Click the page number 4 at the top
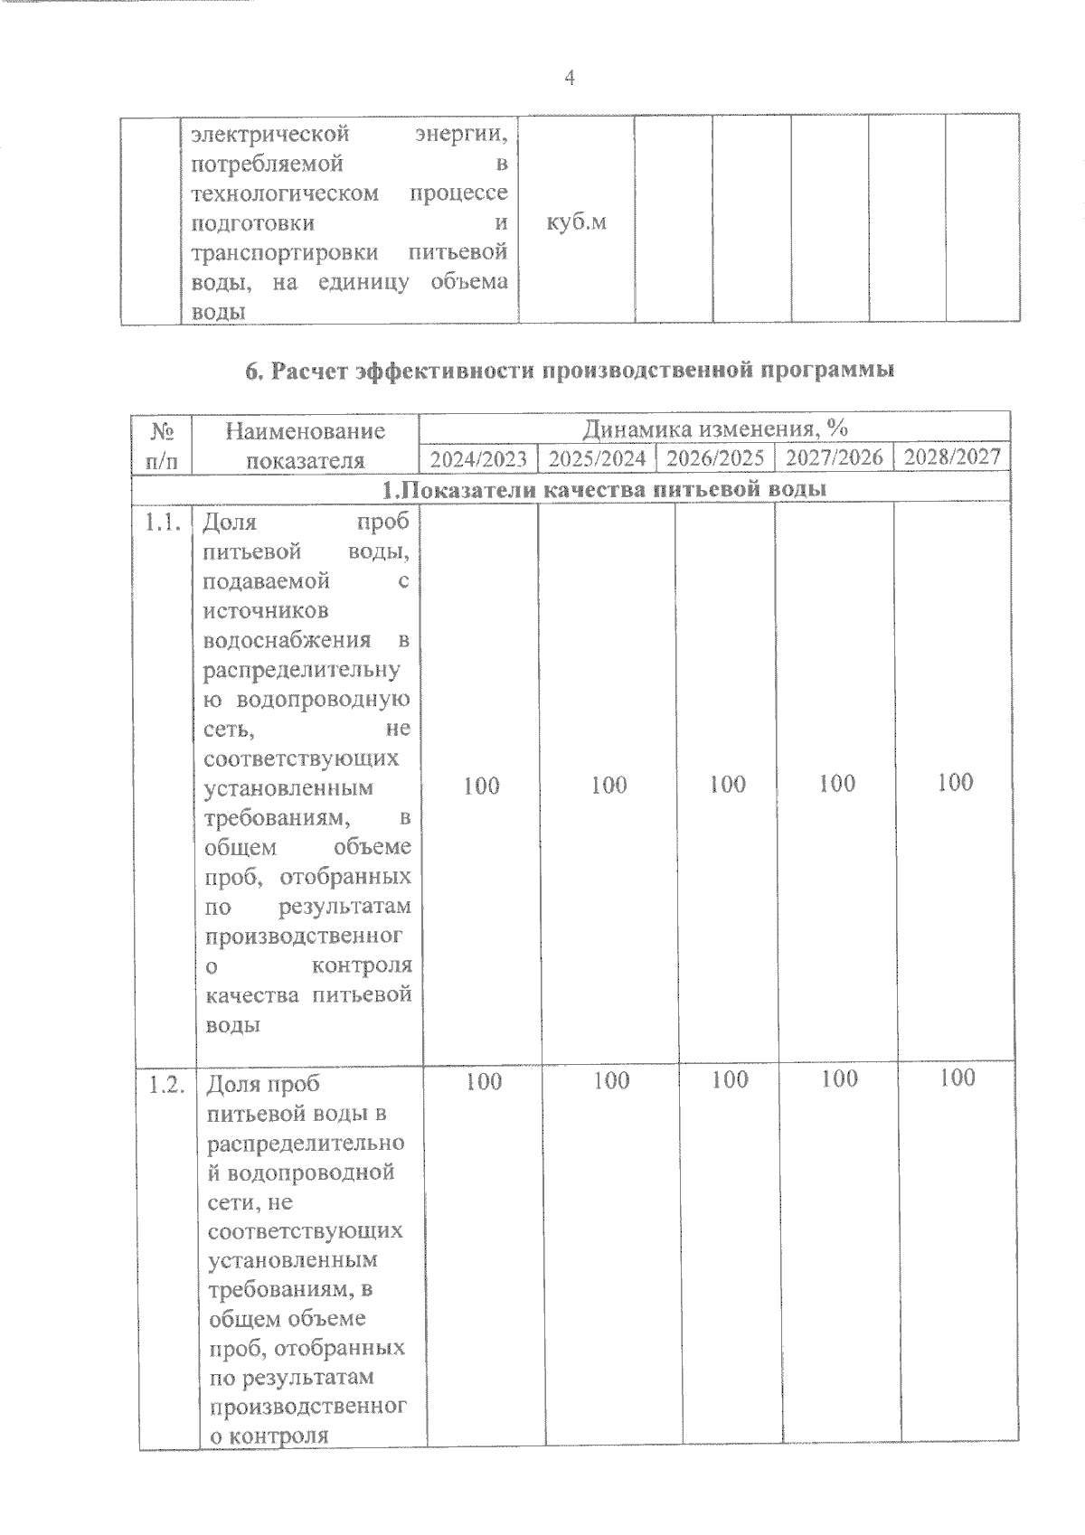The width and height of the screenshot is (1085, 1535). pos(569,78)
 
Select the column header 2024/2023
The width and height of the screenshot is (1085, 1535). pos(478,458)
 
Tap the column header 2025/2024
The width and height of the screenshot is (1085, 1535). pos(597,458)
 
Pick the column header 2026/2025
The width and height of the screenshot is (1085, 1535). pos(715,457)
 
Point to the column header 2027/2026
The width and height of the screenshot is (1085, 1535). pos(834,457)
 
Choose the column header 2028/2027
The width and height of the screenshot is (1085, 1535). pos(952,456)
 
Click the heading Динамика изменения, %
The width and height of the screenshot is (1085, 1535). pos(714,428)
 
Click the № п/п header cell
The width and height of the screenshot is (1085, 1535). pos(161,445)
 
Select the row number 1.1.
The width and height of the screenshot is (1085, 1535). pos(165,522)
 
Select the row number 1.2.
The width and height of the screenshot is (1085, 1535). pos(167,1085)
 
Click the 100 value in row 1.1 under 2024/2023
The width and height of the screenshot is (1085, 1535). pos(481,786)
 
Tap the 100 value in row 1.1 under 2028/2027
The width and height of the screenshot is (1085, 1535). pos(955,782)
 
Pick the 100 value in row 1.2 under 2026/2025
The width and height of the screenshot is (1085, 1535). pos(729,1079)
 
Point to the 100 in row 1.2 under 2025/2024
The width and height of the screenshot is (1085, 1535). pos(611,1080)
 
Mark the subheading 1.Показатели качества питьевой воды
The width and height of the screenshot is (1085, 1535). pos(603,490)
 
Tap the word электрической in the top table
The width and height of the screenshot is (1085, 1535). pos(270,135)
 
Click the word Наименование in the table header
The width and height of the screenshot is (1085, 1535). pos(305,431)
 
